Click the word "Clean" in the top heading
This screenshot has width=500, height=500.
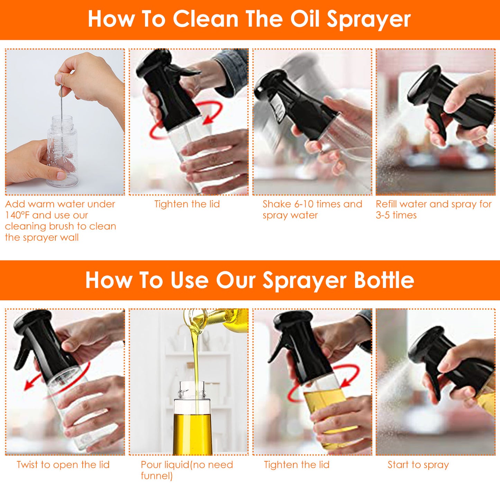pos(205,19)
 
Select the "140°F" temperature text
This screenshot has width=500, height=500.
pos(18,215)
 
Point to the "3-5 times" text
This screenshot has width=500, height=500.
pos(396,215)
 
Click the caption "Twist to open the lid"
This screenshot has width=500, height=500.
pos(63,464)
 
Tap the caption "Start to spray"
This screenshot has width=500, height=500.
pos(418,465)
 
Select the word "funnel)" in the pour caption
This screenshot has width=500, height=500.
pos(156,476)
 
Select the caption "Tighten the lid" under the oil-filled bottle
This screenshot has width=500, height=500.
pos(297,465)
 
